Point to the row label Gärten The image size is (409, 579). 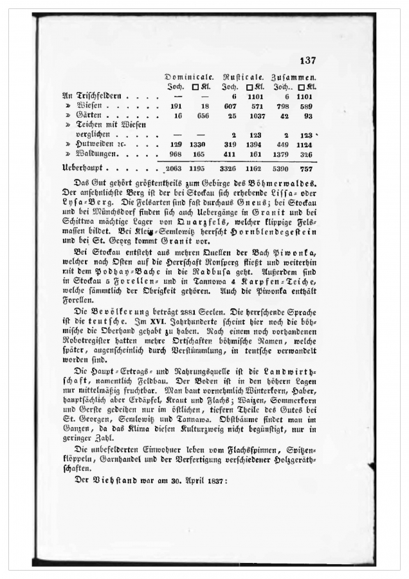tap(92, 116)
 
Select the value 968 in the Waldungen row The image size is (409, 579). tap(176, 155)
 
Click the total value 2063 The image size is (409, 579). tap(175, 169)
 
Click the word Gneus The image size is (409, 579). tap(262, 204)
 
